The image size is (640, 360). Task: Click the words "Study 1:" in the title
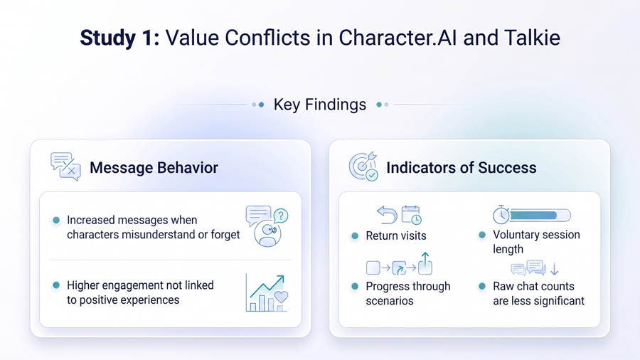click(x=119, y=38)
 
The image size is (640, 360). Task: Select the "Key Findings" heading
click(x=319, y=105)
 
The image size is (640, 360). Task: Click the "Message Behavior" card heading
click(x=154, y=167)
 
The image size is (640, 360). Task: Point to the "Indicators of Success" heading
click(x=462, y=167)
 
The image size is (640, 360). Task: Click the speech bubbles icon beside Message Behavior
click(x=65, y=166)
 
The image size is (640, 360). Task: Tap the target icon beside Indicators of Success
click(x=363, y=166)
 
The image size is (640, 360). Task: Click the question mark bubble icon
click(x=281, y=216)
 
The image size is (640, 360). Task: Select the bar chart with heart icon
click(x=267, y=293)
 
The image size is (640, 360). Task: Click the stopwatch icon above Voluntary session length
click(x=501, y=215)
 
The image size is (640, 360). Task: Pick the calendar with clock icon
click(x=411, y=215)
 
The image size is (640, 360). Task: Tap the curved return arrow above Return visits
click(x=387, y=215)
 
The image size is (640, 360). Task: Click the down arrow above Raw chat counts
click(x=554, y=268)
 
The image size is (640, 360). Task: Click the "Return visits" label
click(x=396, y=235)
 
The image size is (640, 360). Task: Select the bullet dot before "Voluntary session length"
click(x=482, y=235)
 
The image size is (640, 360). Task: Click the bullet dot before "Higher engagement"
click(x=56, y=285)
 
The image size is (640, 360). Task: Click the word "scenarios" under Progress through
click(x=390, y=301)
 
